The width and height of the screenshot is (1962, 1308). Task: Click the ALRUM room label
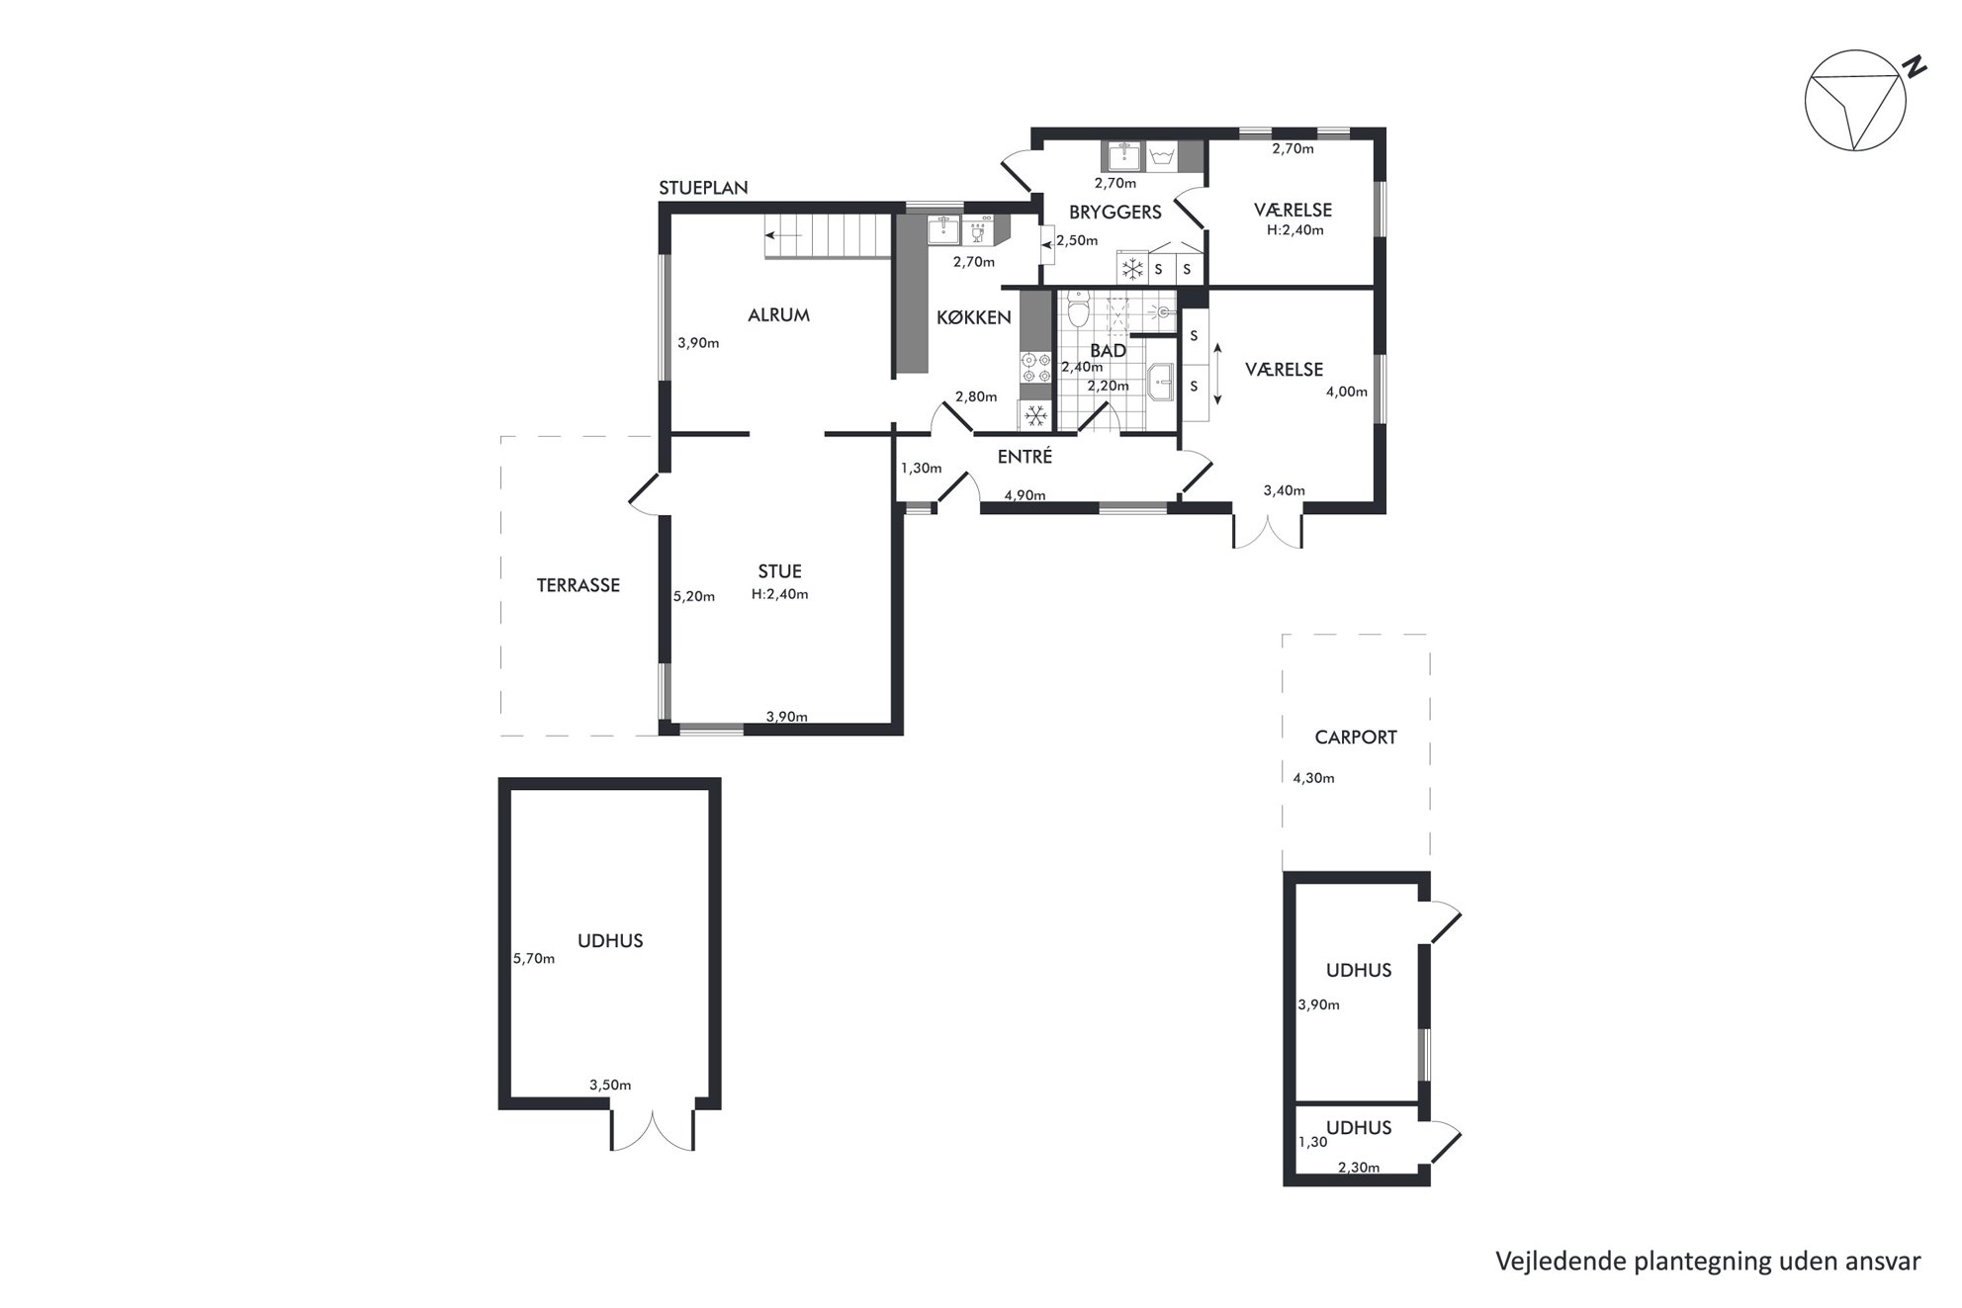(778, 315)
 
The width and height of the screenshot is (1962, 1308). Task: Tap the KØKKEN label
(974, 317)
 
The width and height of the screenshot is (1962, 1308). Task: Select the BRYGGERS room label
(1115, 212)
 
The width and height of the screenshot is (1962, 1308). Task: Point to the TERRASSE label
(578, 585)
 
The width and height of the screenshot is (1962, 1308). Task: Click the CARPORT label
(1356, 738)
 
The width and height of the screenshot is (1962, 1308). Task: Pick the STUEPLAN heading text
(703, 188)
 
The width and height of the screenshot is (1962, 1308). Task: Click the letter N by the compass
(1916, 67)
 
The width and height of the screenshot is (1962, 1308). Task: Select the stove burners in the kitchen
(1035, 367)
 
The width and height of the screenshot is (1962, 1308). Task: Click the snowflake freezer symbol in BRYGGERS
(1132, 268)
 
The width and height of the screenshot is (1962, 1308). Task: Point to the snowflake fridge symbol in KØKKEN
(1035, 416)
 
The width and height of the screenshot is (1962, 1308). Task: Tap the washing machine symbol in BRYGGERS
(1161, 156)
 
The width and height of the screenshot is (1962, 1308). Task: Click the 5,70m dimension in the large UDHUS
(534, 958)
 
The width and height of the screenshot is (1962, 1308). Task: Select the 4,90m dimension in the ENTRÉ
(1025, 494)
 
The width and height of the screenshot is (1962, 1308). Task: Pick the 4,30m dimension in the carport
(1313, 778)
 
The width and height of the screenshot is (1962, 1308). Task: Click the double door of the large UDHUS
(653, 1129)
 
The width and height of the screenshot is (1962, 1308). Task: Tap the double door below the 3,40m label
(1267, 528)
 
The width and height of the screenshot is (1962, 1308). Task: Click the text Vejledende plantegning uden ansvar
(1708, 1262)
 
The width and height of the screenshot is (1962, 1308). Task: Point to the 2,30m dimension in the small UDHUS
(1359, 1168)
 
